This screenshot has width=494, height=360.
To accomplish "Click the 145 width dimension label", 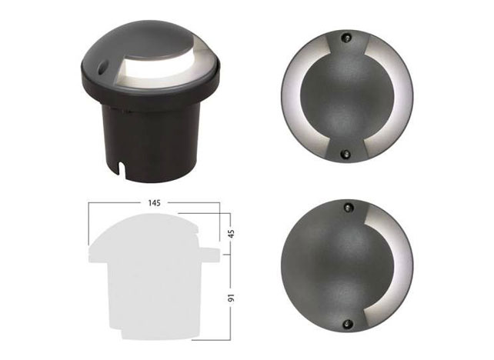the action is coord(155,203).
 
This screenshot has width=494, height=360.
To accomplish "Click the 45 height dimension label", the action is coord(232,234).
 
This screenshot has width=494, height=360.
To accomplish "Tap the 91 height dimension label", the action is coord(232,298).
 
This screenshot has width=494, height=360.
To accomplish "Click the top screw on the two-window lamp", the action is coord(346,38).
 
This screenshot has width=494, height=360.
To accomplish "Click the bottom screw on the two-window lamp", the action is coord(346,154).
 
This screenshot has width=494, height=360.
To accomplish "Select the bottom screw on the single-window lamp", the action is coord(347,323).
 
